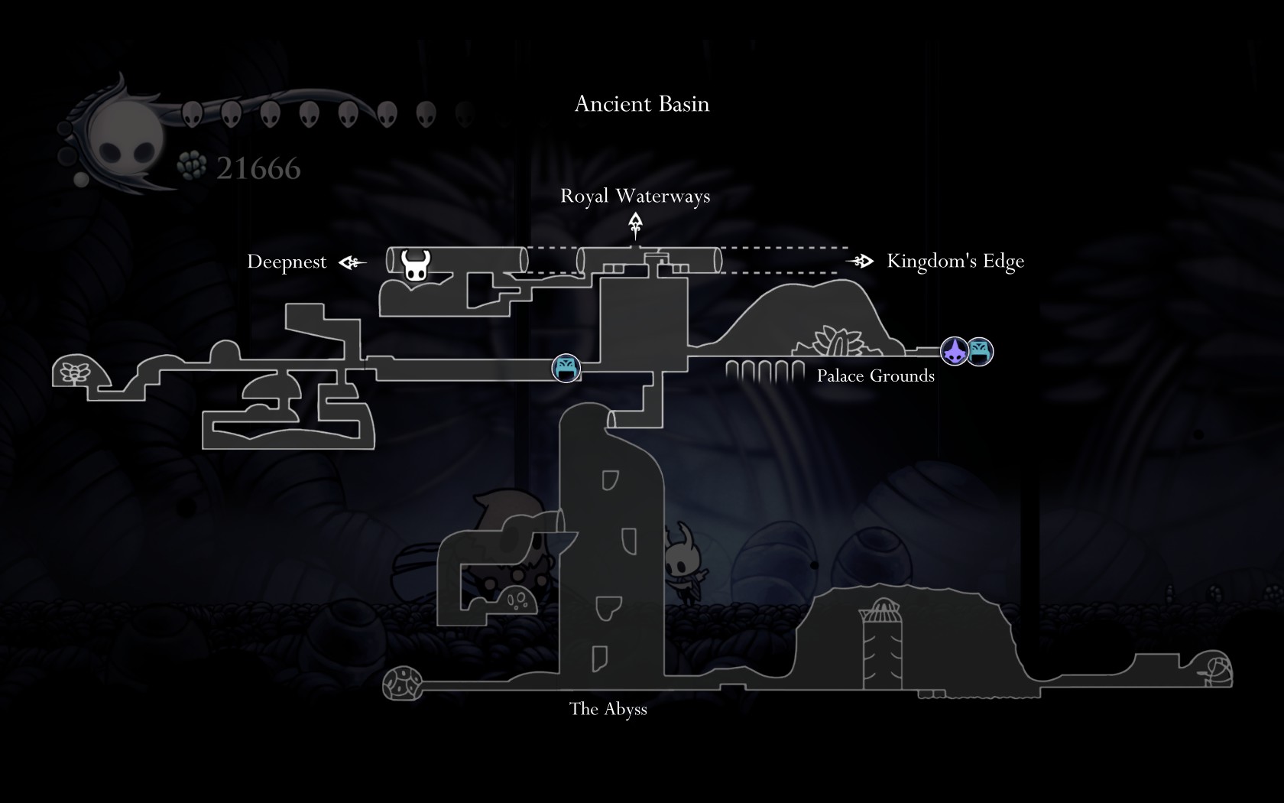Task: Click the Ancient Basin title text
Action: pos(642,104)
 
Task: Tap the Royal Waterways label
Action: pos(635,197)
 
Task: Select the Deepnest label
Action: pos(287,262)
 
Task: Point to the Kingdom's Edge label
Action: pos(955,262)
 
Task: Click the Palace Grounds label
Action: pos(876,375)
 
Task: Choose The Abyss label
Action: pos(608,709)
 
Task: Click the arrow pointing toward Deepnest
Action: pos(352,263)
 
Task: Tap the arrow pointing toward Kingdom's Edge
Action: pos(861,262)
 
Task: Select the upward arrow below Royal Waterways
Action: pos(635,226)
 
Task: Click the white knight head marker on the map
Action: pos(416,265)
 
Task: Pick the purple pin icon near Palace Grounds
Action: pos(955,352)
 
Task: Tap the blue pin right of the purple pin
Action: pos(980,352)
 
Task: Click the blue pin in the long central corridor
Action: pos(566,369)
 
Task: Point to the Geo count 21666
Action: pos(258,169)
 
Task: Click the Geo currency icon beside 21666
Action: pos(191,165)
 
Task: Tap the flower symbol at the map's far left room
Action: pos(75,372)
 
